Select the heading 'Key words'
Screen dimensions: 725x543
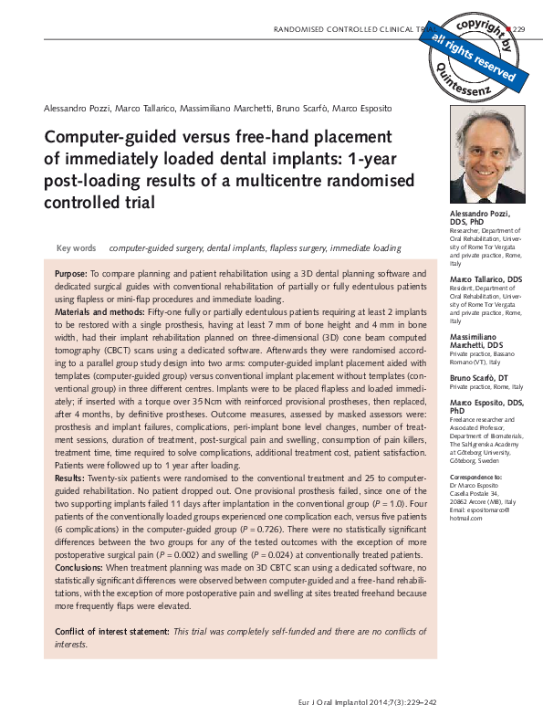click(x=76, y=248)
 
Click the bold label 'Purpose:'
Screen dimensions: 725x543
click(x=71, y=274)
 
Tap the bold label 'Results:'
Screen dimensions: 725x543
click(x=70, y=478)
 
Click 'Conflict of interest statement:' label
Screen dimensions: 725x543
click(x=112, y=632)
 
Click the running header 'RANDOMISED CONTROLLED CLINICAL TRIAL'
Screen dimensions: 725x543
click(x=351, y=30)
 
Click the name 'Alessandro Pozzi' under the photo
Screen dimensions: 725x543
click(x=479, y=213)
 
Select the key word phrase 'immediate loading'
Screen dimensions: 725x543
click(x=365, y=248)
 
